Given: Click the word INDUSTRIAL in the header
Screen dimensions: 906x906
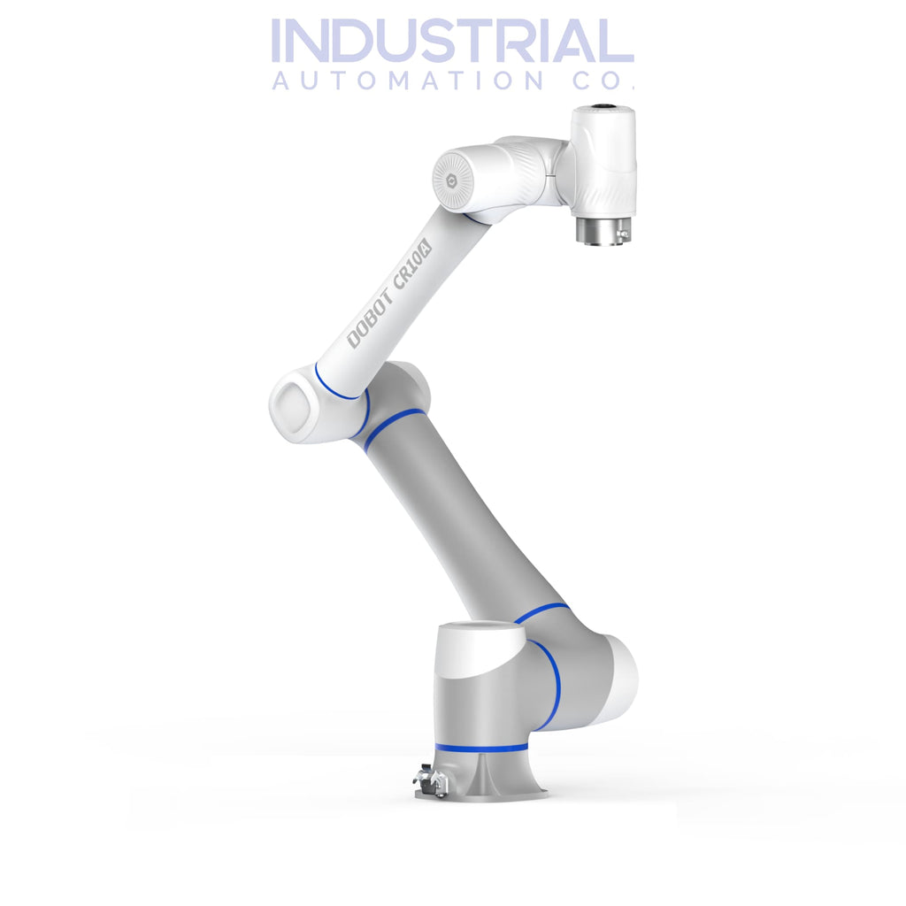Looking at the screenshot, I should tap(452, 42).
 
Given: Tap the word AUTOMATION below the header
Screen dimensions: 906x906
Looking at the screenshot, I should tap(407, 81).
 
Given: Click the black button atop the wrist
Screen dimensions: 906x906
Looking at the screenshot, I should tap(605, 109).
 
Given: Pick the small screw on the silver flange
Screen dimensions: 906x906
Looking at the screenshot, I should tap(623, 234).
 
